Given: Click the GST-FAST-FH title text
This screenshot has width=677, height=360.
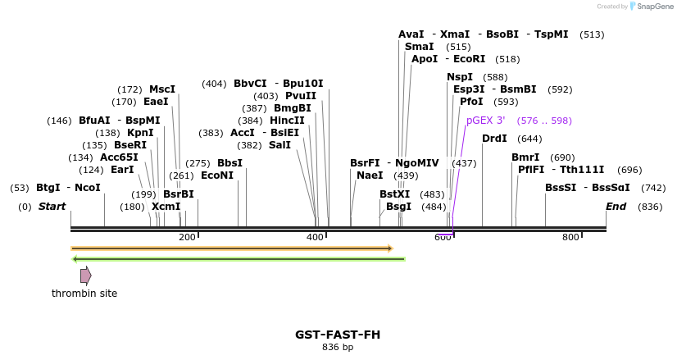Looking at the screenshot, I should point(338,335).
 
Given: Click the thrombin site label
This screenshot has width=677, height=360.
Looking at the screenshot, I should point(84,294).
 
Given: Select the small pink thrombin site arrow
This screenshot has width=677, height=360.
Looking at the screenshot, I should point(85,275).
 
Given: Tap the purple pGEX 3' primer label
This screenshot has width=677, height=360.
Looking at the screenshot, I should point(485,121).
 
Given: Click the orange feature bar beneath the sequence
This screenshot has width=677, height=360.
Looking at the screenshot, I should point(231,248).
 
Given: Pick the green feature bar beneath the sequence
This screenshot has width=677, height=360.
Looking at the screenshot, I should point(239,259).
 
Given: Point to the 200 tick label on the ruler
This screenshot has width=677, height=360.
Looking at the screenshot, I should point(187,238).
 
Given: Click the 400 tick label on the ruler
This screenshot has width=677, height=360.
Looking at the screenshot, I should point(315,238).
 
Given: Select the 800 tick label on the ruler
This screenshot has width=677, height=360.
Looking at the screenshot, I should point(570,238).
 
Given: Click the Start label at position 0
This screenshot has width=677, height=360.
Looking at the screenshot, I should point(52,207).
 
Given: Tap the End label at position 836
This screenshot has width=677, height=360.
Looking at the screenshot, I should point(616,207).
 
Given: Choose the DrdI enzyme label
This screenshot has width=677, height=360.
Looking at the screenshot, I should point(494,139).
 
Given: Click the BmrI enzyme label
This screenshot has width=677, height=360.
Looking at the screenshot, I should point(525,157).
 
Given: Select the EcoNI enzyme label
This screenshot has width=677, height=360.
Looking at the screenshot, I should point(217,175).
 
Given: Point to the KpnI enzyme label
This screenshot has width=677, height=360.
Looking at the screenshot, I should point(140,133).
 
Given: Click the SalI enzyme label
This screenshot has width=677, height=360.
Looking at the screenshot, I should point(279,145).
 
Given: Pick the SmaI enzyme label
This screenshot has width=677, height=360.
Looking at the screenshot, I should point(419,47).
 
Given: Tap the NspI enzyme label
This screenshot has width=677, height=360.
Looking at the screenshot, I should point(460,77).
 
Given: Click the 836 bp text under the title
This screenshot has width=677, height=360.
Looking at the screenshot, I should point(338,348).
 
